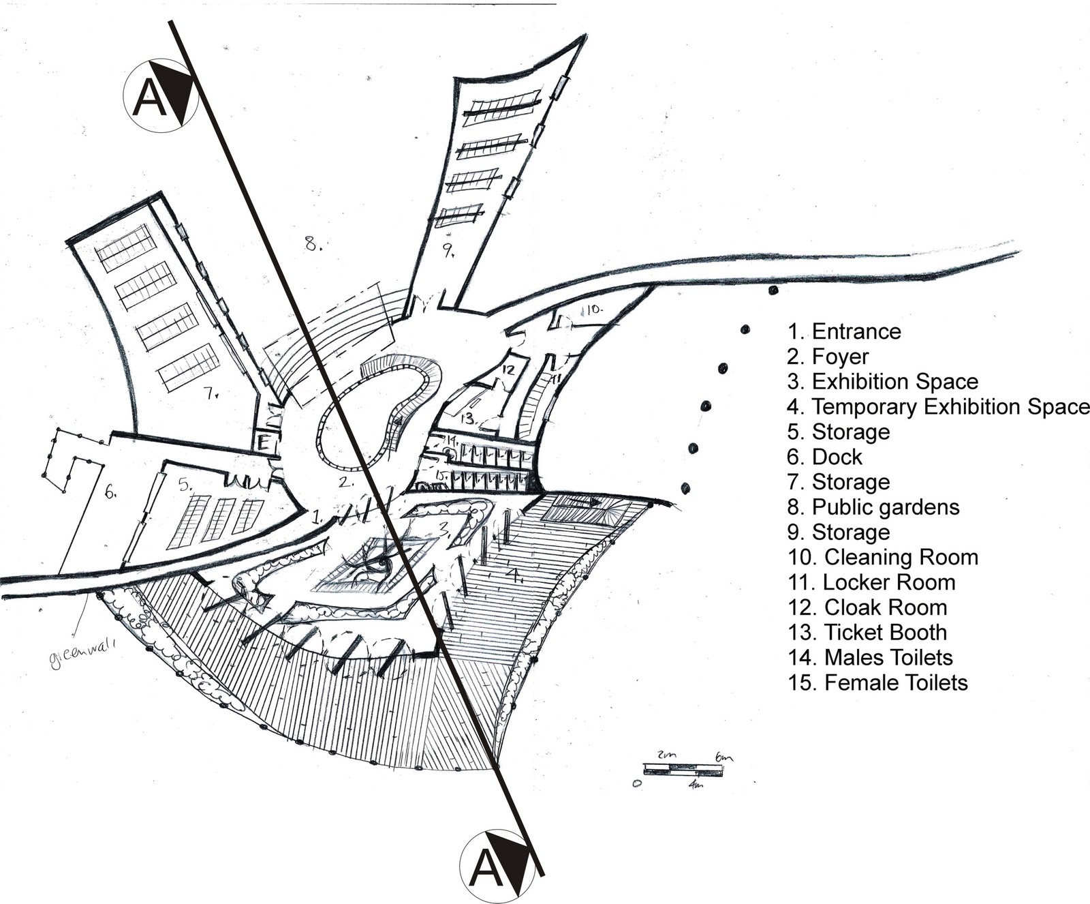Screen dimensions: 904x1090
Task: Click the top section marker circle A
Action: coord(160,96)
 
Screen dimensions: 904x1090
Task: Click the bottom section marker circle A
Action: coord(497,867)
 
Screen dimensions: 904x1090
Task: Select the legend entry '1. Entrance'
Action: coord(844,332)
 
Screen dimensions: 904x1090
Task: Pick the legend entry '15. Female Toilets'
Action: coord(877,682)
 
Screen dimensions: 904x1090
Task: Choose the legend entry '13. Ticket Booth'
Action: coord(867,633)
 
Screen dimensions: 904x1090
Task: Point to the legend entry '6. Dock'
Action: coord(825,457)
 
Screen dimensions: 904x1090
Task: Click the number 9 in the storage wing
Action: coord(448,252)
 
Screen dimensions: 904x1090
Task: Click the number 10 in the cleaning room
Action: coord(593,310)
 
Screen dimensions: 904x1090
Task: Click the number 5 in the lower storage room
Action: coord(183,485)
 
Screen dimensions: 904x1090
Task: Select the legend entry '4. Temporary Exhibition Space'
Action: coord(937,407)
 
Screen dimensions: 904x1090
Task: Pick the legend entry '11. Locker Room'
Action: coord(871,582)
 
